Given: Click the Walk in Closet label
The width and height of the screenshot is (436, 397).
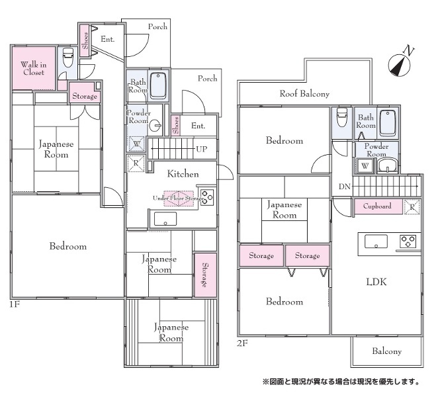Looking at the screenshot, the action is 34,68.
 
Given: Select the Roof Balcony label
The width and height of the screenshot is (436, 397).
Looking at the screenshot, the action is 304,94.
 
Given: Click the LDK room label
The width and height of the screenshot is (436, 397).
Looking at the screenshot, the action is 376,282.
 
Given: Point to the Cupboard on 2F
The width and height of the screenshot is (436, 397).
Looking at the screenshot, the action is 378,206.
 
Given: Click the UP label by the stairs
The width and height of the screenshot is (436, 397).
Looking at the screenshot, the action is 202,149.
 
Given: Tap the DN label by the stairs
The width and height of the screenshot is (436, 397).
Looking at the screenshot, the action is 345,187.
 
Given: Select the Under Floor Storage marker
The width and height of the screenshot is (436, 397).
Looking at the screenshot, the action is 179,198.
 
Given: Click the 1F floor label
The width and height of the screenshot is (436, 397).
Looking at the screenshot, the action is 15,304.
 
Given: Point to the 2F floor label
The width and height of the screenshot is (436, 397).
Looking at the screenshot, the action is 242,343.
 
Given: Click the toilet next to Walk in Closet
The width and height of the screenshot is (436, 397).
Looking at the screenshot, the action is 68,58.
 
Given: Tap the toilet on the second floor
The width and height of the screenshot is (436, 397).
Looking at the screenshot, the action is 341,116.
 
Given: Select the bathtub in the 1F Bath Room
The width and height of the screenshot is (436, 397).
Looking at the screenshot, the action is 158,85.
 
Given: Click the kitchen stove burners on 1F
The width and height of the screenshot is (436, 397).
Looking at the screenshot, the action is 207,197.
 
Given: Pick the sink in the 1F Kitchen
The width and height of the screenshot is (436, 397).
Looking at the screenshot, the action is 165,219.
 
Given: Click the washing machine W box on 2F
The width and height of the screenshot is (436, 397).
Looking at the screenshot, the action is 365,166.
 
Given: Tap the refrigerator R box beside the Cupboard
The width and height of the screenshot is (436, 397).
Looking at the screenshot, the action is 412,207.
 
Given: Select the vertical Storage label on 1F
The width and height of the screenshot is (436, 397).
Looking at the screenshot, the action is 205,275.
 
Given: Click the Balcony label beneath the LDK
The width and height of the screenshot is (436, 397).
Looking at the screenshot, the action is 387,351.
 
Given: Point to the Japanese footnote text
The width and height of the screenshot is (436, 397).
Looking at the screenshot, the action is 341,381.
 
